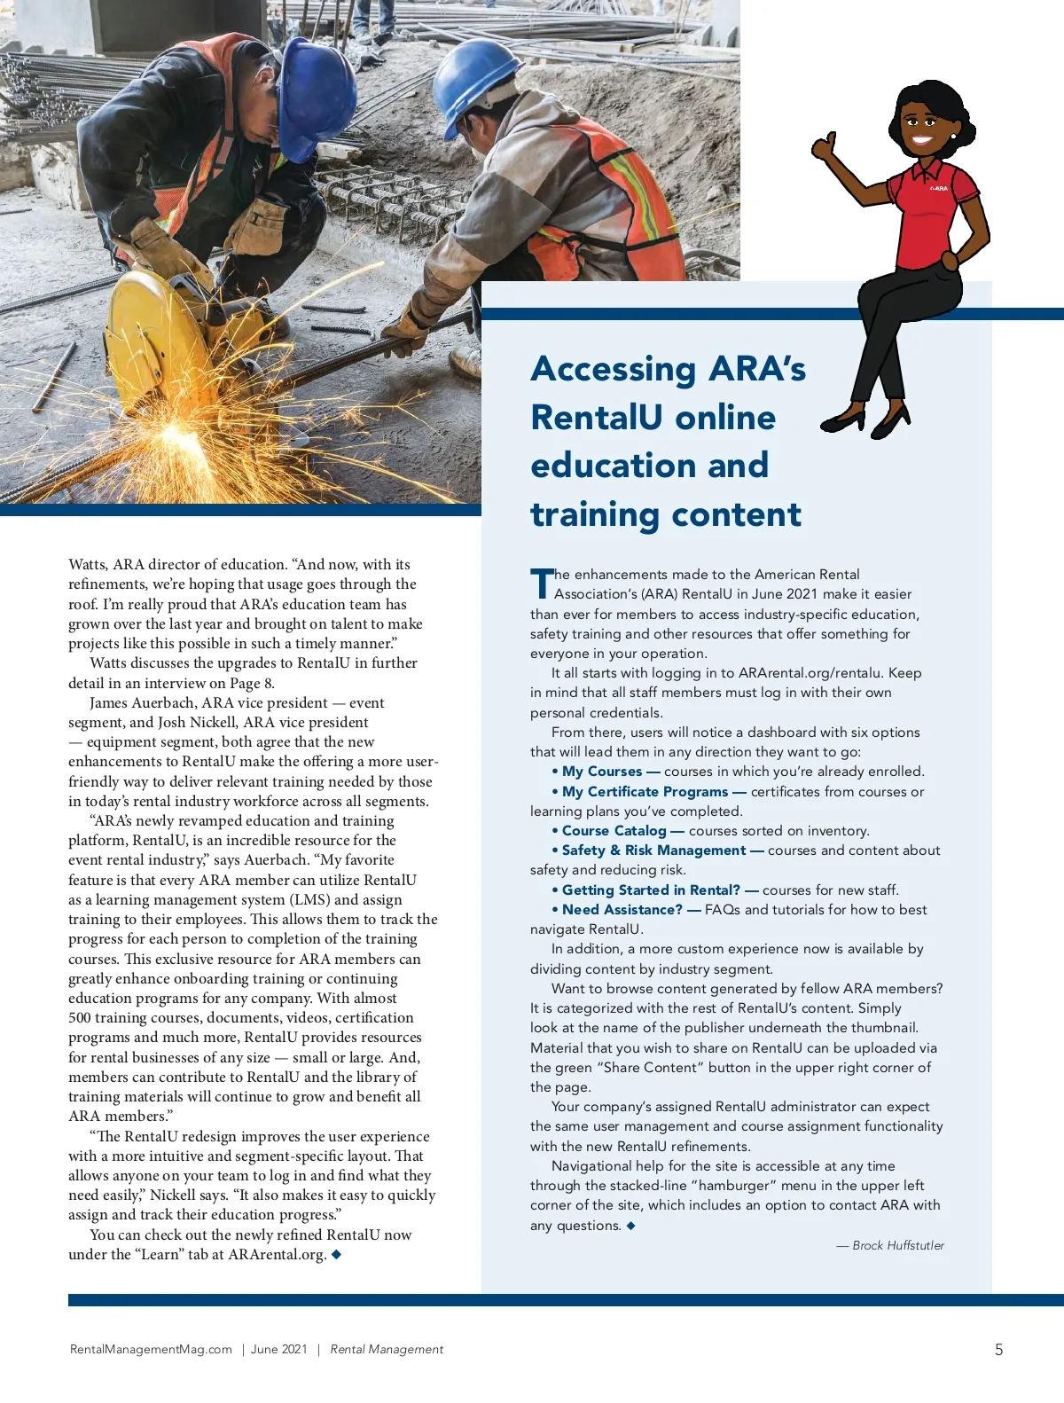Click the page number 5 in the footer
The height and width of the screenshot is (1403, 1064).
[998, 1350]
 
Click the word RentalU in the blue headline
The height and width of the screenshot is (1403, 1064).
[653, 417]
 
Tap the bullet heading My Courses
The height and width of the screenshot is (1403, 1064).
[601, 772]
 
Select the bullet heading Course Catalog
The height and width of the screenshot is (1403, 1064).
[614, 831]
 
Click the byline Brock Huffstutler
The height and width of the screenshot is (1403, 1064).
[897, 1245]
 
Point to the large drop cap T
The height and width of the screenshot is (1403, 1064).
[541, 584]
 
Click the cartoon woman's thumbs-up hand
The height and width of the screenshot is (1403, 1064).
[825, 146]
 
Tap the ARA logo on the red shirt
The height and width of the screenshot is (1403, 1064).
[938, 188]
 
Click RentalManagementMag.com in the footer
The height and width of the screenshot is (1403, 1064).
[151, 1350]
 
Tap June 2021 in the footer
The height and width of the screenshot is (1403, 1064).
[278, 1350]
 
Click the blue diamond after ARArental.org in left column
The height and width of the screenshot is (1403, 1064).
[336, 1254]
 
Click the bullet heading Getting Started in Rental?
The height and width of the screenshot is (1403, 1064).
[651, 890]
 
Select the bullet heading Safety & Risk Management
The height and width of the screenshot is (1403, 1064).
[653, 850]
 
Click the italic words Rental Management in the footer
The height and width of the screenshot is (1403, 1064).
[387, 1350]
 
